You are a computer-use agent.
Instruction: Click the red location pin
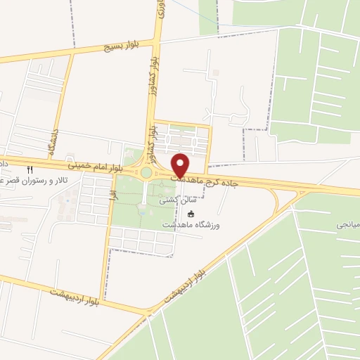pos(181,165)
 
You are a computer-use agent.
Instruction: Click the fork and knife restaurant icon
pos(30,169)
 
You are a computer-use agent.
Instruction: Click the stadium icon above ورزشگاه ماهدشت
pos(190,213)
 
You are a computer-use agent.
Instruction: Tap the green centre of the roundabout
pos(146,172)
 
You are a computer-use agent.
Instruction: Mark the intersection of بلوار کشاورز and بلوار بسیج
pos(158,39)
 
